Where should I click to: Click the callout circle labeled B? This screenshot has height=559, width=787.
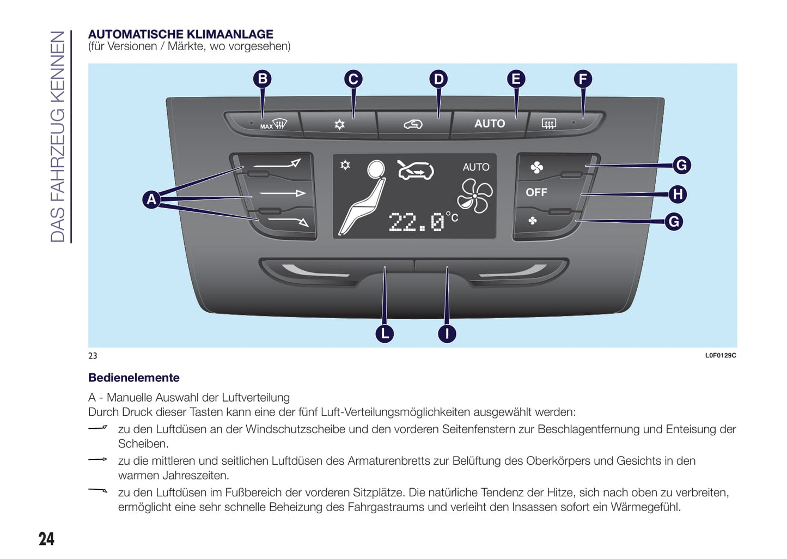click(x=263, y=79)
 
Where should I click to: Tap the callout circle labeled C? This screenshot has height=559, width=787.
click(x=353, y=79)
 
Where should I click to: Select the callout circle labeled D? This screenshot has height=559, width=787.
click(x=438, y=79)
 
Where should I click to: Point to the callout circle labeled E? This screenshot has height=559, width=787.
click(x=516, y=79)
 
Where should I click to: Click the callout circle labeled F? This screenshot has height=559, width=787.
click(x=583, y=79)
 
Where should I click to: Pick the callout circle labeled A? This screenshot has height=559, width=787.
click(x=151, y=199)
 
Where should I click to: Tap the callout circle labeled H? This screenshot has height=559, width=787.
click(x=678, y=194)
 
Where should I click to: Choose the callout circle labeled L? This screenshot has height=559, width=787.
click(x=385, y=333)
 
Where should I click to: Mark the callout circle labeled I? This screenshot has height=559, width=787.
click(x=447, y=333)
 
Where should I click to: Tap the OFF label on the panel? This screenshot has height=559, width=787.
click(x=536, y=192)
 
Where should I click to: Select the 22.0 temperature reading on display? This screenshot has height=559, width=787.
click(x=417, y=222)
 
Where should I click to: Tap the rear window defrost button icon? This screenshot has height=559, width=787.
click(x=548, y=124)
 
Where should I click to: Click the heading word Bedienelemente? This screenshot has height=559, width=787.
click(x=134, y=378)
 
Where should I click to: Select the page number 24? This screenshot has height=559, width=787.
click(x=46, y=538)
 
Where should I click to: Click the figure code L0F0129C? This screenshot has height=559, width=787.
click(x=720, y=355)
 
